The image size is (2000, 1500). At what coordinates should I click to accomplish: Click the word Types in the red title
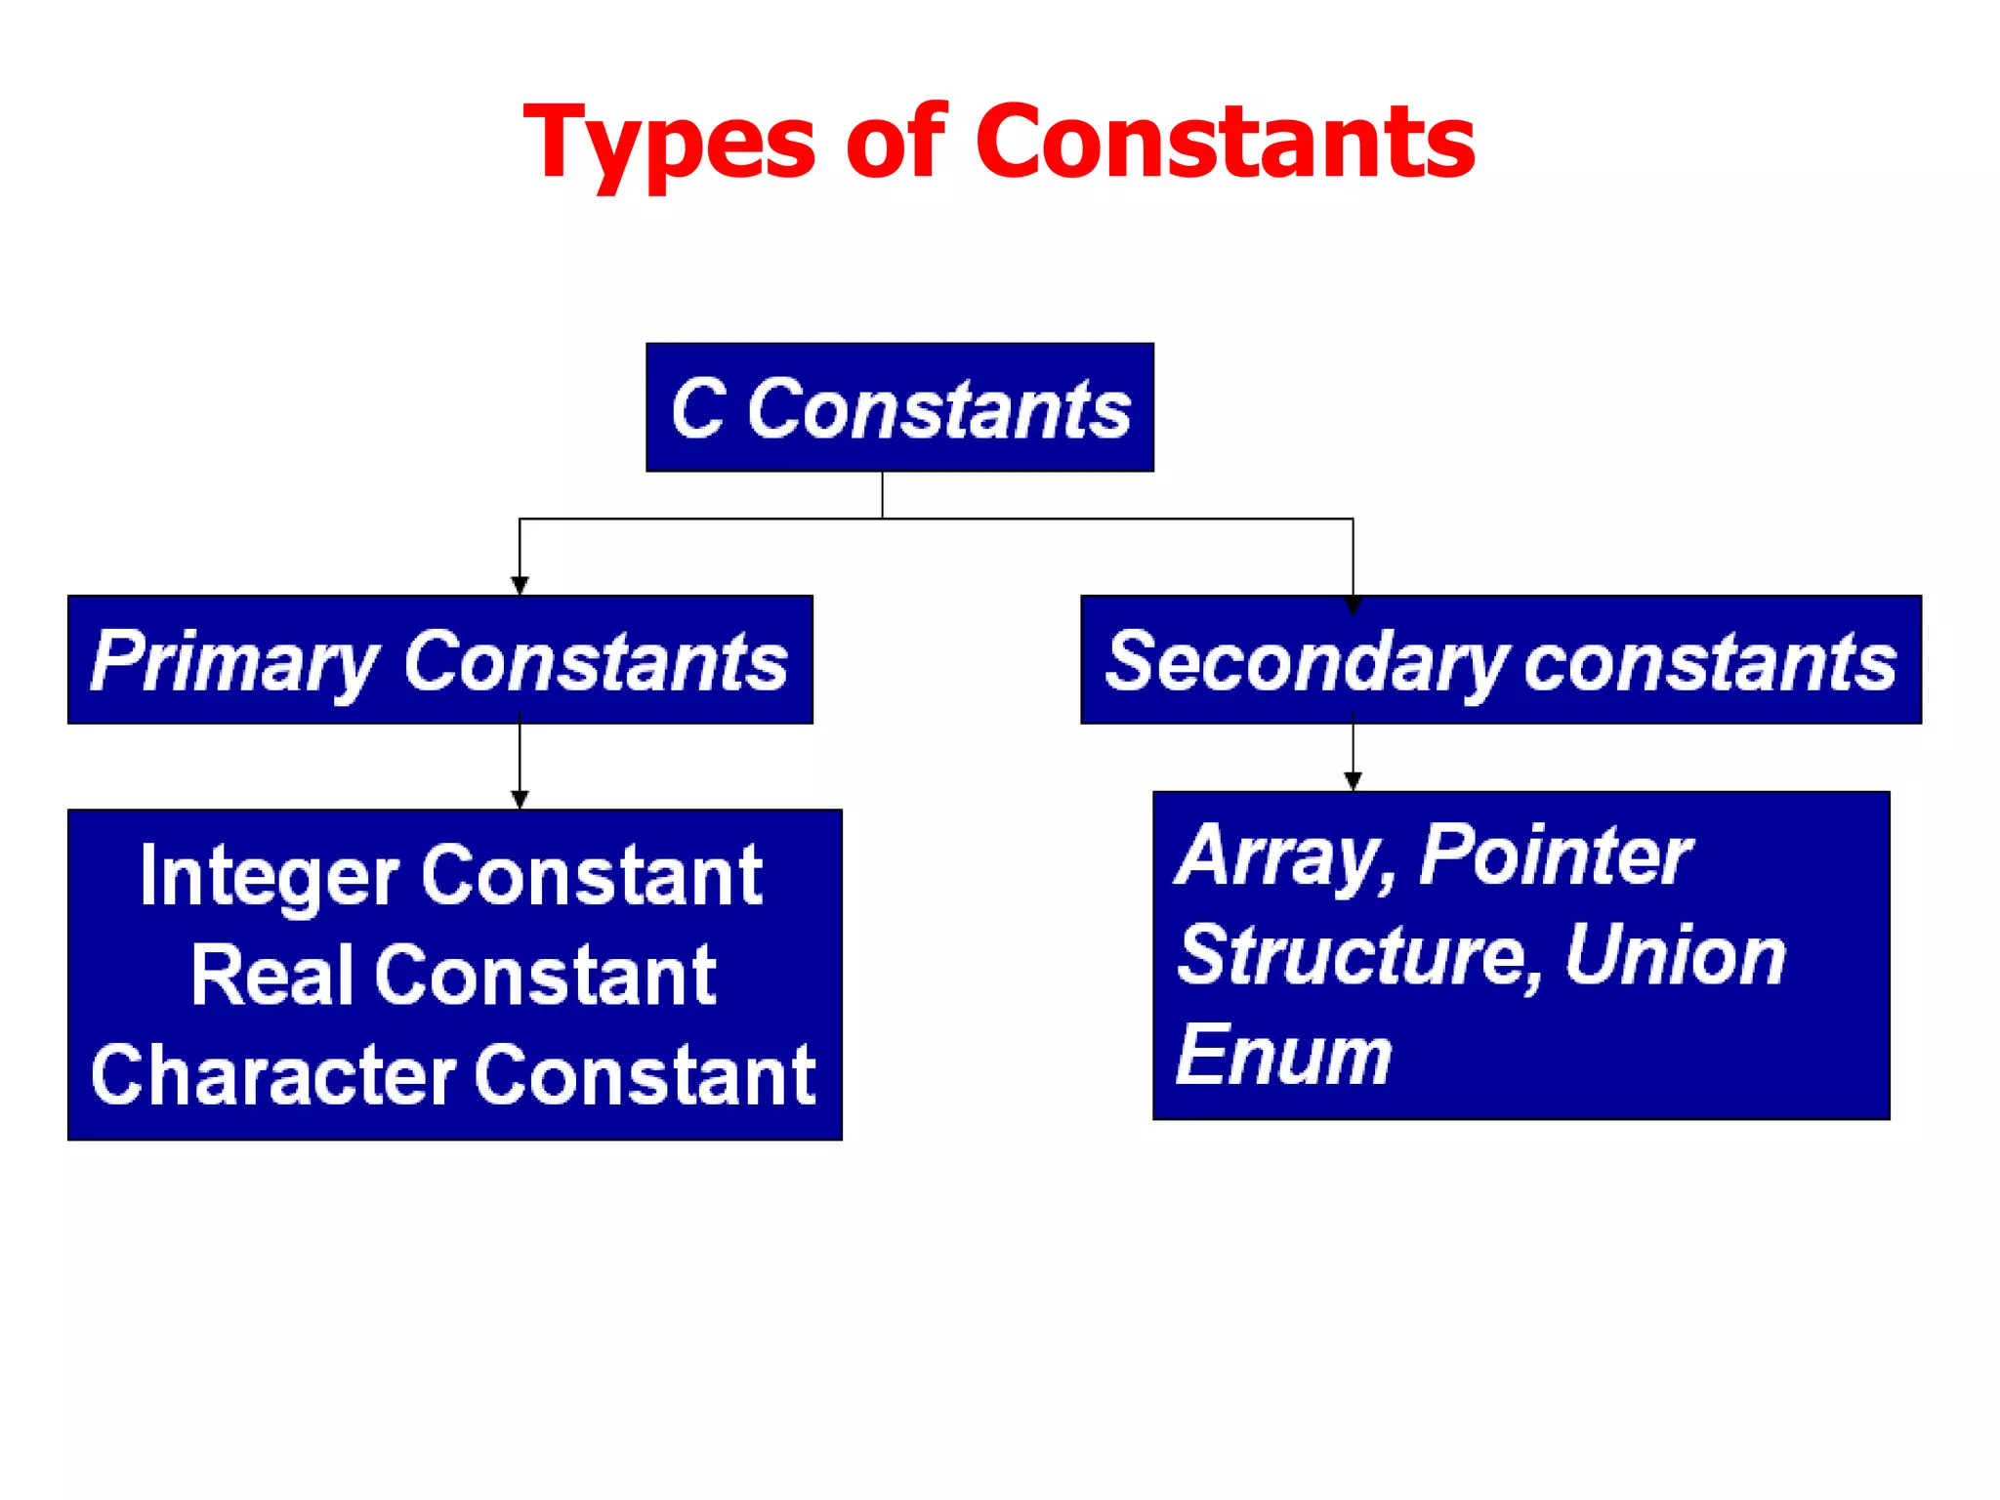click(x=669, y=145)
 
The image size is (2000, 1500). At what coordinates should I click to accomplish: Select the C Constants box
click(x=899, y=407)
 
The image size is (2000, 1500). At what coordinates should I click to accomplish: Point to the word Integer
click(x=269, y=877)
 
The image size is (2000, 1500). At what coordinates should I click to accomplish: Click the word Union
click(x=1674, y=956)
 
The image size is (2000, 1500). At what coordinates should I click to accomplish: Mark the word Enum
click(x=1283, y=1056)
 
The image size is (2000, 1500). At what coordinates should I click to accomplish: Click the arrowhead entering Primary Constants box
click(x=520, y=585)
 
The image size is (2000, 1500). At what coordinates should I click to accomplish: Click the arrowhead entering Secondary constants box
click(x=1353, y=604)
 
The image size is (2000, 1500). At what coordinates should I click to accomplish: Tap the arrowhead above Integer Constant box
click(x=520, y=799)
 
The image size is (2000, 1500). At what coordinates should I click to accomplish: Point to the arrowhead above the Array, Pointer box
click(x=1353, y=780)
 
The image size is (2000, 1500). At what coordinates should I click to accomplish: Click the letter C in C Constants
click(x=698, y=408)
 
